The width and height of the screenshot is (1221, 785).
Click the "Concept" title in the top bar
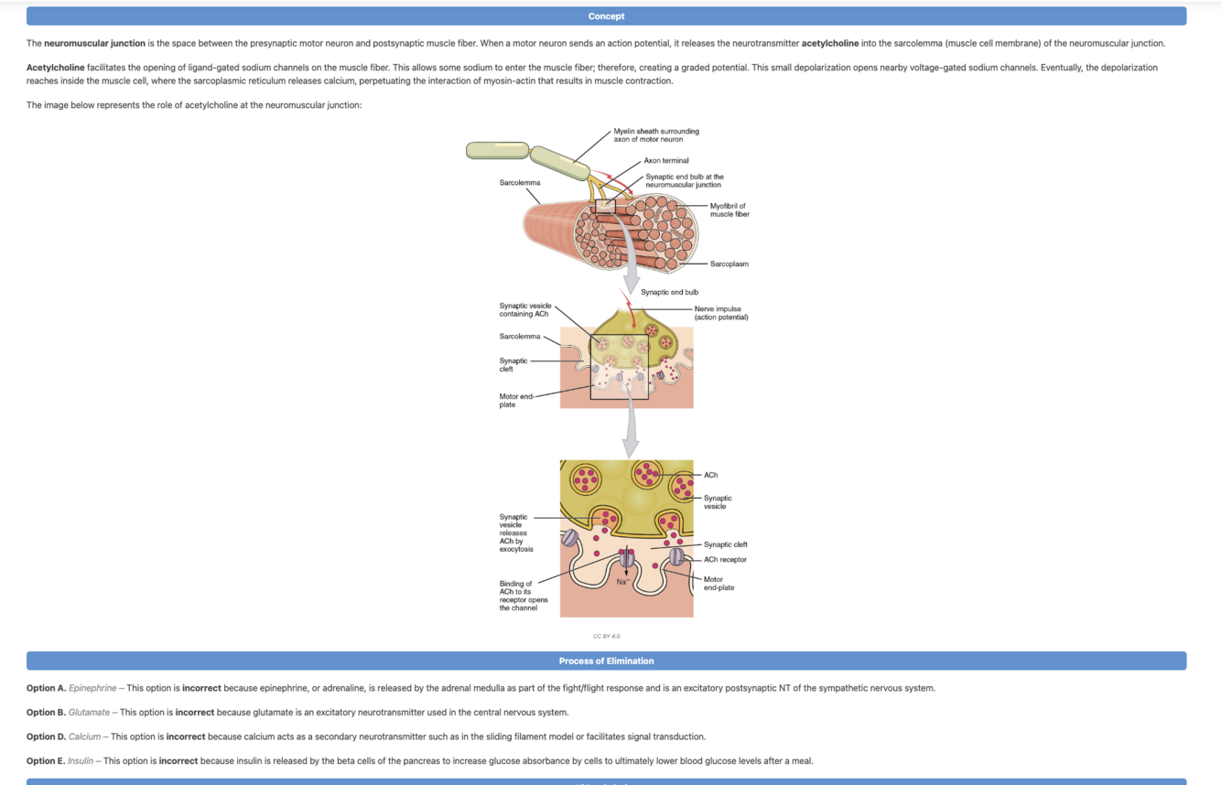(x=606, y=16)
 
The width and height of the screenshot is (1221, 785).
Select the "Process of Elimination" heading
(x=606, y=661)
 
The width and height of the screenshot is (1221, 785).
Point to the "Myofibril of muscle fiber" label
(x=729, y=210)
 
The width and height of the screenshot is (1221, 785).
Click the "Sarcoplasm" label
(x=729, y=264)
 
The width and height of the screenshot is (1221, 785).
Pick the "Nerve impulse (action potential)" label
(x=720, y=313)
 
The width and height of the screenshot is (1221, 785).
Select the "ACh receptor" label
(x=725, y=560)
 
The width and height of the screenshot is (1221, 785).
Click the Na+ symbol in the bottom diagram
(x=622, y=582)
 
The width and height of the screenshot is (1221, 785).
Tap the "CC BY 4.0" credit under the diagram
(x=606, y=636)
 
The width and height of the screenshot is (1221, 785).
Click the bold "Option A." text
(x=46, y=688)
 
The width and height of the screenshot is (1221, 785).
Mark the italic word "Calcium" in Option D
(x=84, y=737)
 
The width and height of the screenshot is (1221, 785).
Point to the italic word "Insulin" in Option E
(x=81, y=760)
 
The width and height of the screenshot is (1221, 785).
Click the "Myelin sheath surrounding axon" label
(x=655, y=135)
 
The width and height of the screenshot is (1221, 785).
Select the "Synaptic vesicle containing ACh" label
(x=524, y=309)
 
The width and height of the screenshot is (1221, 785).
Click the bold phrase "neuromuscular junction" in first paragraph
(x=94, y=43)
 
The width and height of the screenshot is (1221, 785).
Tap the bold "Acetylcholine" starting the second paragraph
(x=55, y=68)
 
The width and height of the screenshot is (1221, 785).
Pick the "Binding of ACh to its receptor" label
(x=523, y=596)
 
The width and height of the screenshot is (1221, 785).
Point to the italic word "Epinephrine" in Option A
(x=92, y=688)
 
